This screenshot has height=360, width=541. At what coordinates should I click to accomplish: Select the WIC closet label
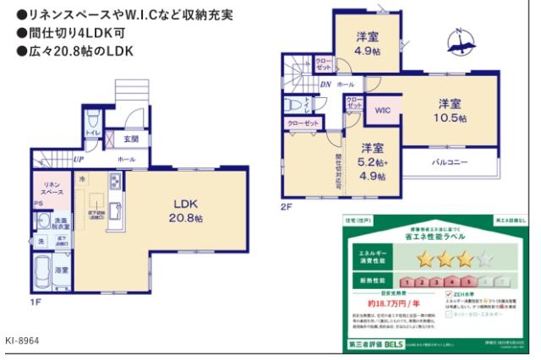(381, 110)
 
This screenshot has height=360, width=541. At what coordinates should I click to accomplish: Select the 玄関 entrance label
(132, 139)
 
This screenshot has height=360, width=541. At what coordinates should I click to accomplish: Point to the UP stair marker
(78, 159)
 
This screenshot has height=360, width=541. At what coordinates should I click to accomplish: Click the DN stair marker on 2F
(325, 85)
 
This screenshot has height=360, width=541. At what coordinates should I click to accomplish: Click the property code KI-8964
(22, 340)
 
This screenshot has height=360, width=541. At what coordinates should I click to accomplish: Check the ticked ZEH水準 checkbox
(449, 292)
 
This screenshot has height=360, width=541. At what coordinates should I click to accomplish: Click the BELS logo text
(396, 346)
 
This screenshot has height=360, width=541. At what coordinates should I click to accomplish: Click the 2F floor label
(287, 205)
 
